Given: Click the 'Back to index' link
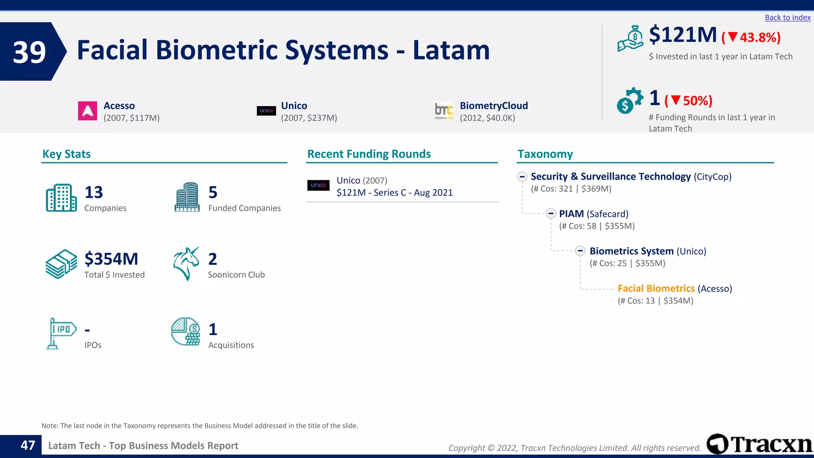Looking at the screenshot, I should coord(787,17).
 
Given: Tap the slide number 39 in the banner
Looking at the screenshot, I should coord(29,52).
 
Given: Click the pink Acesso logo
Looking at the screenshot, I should coord(87,111).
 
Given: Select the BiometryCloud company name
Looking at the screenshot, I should coord(494,106).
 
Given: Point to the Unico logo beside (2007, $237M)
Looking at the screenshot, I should coord(266,111).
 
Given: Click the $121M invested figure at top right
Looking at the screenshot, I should coord(683,35).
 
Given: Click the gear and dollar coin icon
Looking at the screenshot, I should coord(629,101).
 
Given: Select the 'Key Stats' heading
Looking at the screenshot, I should coord(66,154).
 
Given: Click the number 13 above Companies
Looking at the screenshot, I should coord(94,192).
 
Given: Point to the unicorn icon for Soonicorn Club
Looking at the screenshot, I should coord(186,264).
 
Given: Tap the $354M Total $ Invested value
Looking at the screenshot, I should coord(111,259).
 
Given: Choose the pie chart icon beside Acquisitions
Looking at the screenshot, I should coord(186,331).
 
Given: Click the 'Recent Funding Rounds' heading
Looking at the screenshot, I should coord(369,154).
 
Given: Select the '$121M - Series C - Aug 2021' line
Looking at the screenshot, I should coord(394,193).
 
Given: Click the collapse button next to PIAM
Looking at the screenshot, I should coord(551,213).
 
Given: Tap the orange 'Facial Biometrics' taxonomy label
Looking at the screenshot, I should coord(656,289).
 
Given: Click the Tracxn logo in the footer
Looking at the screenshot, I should coord(759,444).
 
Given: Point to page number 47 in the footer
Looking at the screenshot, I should coord(28,445).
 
